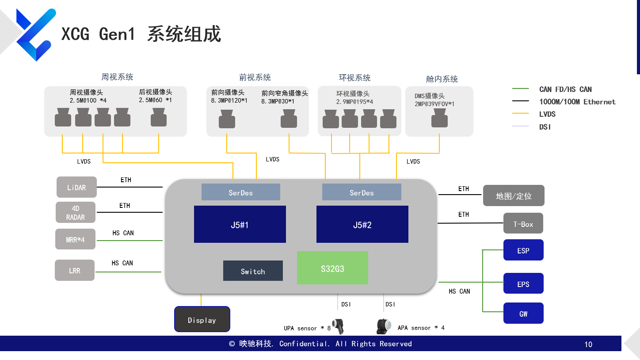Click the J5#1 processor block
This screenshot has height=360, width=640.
[x=240, y=224]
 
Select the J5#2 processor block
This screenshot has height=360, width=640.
[x=362, y=224]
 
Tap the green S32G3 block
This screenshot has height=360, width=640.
[x=332, y=268]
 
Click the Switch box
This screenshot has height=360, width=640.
[x=253, y=271]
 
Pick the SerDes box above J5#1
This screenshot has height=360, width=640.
[x=240, y=192]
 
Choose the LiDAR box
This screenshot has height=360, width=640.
[x=76, y=187]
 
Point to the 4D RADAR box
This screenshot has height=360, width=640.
[x=76, y=212]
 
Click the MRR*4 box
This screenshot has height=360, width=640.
[x=75, y=239]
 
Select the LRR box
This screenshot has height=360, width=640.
[x=75, y=270]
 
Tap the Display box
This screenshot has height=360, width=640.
[x=202, y=319]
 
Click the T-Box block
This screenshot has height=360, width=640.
[x=523, y=223]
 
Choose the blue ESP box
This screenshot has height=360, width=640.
[x=523, y=250]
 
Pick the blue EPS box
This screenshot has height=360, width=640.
[x=523, y=283]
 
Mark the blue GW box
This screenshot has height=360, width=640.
[x=523, y=313]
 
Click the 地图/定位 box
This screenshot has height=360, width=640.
[x=514, y=195]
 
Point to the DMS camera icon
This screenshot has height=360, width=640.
[x=439, y=119]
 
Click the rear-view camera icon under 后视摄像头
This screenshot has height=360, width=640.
[x=159, y=118]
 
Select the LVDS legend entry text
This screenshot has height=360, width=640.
[x=547, y=114]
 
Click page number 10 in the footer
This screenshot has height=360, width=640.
[x=588, y=345]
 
